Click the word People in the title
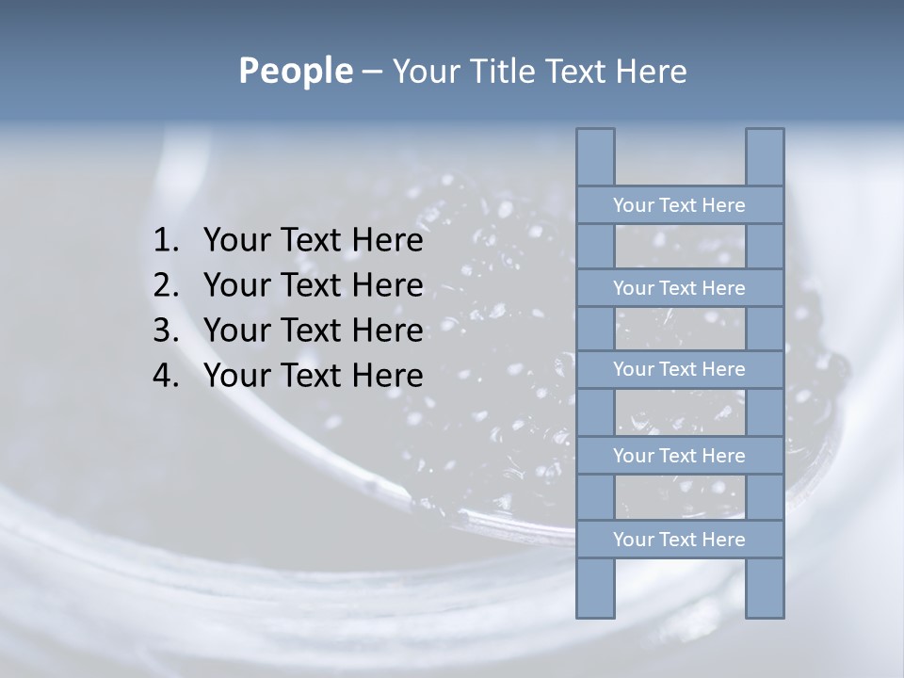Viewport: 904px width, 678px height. point(295,71)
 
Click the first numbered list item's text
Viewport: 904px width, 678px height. point(313,241)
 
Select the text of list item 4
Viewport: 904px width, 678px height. point(313,376)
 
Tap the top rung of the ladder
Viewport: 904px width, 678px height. point(679,205)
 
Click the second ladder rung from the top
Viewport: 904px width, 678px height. point(679,288)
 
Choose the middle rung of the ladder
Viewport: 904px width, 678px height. point(679,369)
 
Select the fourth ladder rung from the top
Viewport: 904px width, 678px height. point(679,456)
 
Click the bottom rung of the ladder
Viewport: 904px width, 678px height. point(679,540)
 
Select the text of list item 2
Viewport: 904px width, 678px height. point(313,285)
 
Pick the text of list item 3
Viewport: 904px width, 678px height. point(313,331)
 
